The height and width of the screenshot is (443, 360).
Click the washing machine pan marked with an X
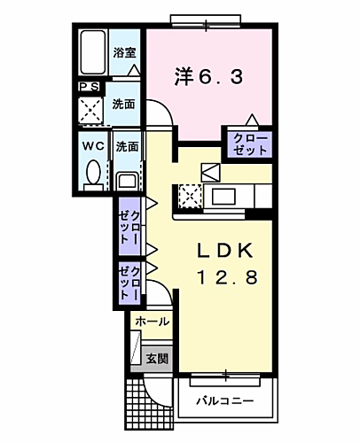pos(90,109)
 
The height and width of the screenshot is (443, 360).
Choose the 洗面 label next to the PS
pos(123,104)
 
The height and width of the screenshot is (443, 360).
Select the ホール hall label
pos(152,323)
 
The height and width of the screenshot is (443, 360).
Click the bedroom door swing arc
pos(160,113)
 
